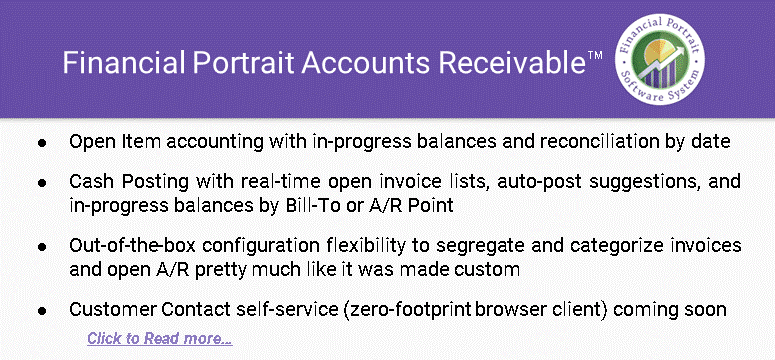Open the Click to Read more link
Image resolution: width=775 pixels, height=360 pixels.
159,338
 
